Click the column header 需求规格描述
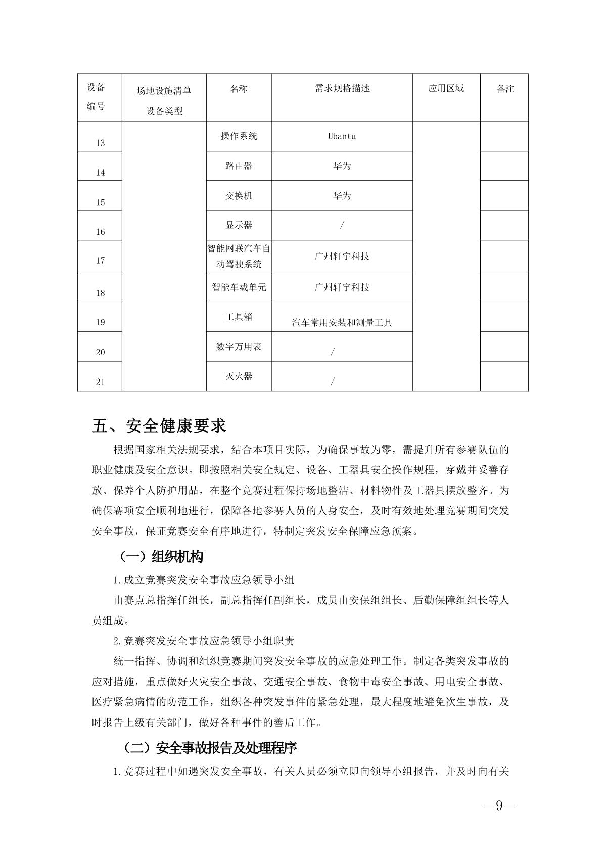(x=342, y=89)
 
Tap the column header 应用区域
(x=446, y=89)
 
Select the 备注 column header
(x=505, y=89)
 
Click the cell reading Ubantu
(x=342, y=136)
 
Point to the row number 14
(x=100, y=173)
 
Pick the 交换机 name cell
(x=239, y=196)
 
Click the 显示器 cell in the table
(x=239, y=225)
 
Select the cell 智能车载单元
(x=239, y=288)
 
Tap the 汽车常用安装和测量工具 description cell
(x=342, y=323)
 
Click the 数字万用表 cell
(x=239, y=347)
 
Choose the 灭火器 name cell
(x=239, y=376)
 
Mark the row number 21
(x=100, y=382)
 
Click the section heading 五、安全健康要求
(x=159, y=425)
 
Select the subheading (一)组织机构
(x=161, y=557)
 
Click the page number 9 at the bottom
(x=499, y=806)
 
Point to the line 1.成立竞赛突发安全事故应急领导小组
(x=204, y=580)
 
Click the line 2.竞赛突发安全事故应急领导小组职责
(x=204, y=641)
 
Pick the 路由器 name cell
(x=239, y=166)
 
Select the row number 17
(x=100, y=261)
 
